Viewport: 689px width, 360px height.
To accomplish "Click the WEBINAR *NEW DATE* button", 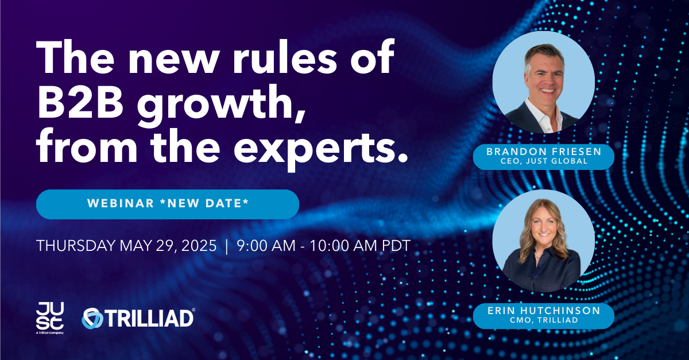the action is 168,204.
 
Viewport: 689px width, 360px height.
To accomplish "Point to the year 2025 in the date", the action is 199,246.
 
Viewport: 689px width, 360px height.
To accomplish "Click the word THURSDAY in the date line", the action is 76,246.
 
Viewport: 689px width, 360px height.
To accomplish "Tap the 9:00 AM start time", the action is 266,246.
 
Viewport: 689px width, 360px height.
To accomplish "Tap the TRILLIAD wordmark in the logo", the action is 150,318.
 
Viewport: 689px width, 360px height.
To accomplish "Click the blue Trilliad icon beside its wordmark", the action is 92,318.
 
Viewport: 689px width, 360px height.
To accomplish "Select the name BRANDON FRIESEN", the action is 544,152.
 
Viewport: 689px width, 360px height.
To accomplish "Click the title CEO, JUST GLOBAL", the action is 544,161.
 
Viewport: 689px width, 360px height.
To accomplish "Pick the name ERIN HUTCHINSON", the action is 544,311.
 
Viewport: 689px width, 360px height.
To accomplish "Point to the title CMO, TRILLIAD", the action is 544,320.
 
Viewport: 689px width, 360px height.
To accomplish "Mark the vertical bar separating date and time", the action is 227,246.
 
